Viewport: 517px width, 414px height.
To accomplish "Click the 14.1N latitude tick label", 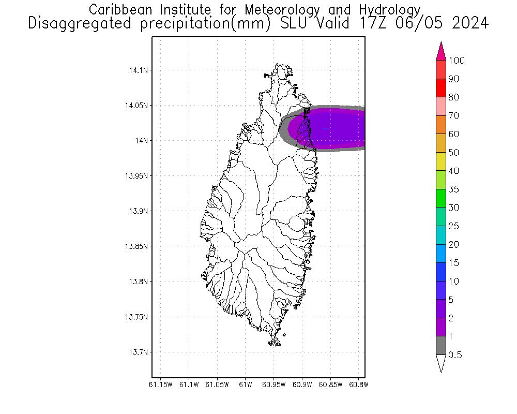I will [138, 70].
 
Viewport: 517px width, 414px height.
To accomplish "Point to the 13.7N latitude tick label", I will [138, 352].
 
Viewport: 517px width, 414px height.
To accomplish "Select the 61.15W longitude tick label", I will [160, 385].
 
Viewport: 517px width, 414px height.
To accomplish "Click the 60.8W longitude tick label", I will [358, 385].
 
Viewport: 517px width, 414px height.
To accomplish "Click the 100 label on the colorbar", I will [457, 61].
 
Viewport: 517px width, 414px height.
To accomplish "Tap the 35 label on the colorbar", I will [453, 189].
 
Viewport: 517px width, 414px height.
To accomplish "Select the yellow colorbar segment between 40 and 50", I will [441, 161].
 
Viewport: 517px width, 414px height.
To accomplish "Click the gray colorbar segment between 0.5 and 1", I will [441, 346].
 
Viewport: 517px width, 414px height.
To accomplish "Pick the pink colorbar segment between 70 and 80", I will [441, 107].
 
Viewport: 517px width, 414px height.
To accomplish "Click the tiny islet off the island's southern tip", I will [284, 335].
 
